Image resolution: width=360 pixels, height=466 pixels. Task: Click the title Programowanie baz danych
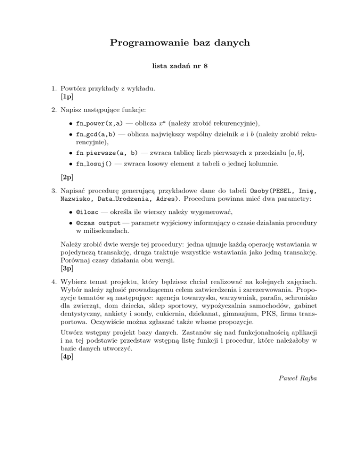(180, 44)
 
